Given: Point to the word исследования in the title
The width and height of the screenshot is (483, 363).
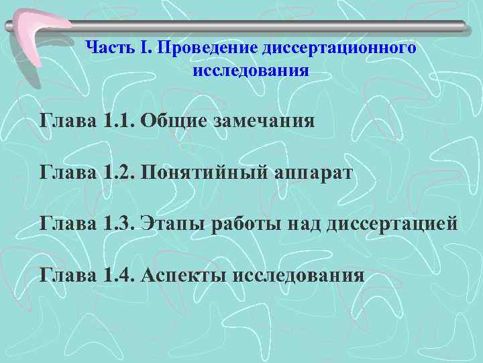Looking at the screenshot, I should (x=251, y=71).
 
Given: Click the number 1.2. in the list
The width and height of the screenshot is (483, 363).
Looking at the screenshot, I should (x=120, y=173).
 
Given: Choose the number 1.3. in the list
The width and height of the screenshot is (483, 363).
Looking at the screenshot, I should (x=120, y=223).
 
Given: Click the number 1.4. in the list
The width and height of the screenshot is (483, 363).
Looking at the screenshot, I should (x=120, y=274).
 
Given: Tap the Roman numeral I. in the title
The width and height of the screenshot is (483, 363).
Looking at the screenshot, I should (x=145, y=48).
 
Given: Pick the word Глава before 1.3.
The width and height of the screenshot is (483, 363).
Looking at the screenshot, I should (x=68, y=223).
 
